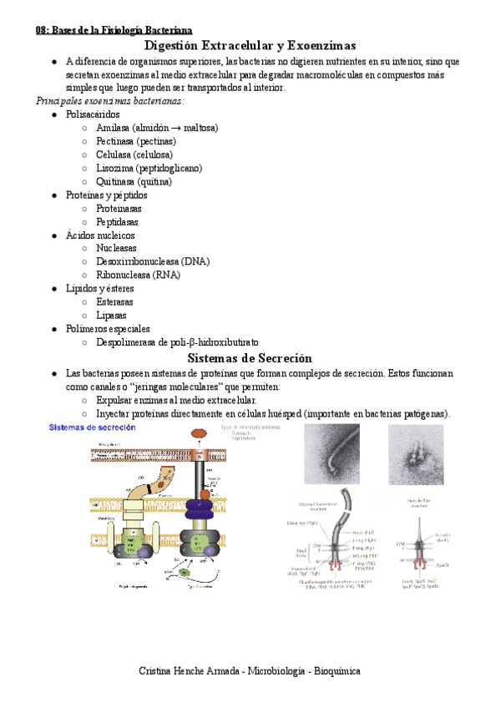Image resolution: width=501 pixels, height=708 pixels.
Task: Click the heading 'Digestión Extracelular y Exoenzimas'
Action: coord(250,45)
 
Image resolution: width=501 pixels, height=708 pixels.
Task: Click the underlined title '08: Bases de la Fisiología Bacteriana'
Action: coord(114,29)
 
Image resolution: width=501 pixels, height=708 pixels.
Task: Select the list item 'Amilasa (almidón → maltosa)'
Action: coord(157,128)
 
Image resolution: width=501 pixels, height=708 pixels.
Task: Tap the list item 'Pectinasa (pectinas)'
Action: coord(136,141)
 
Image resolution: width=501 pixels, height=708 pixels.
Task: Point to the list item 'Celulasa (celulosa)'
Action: coord(134,154)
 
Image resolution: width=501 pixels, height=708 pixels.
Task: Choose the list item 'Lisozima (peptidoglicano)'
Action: coord(149,168)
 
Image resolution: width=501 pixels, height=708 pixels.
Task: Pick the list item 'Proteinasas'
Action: coord(119,209)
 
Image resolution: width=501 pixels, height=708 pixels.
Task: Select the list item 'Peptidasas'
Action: coord(117,222)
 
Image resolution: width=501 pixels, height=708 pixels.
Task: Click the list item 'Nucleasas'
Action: coord(116,249)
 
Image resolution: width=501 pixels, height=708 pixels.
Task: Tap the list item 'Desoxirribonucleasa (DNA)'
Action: coord(153,261)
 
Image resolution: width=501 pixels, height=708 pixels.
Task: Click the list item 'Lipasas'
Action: coord(112,316)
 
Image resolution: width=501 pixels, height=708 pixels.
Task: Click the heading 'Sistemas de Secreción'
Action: coord(250,357)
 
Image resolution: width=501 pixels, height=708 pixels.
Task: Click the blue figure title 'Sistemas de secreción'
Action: coord(93,427)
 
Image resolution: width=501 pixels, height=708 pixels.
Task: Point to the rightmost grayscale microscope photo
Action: coord(416,455)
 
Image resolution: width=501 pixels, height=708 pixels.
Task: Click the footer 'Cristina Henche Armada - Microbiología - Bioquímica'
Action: coord(250,670)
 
